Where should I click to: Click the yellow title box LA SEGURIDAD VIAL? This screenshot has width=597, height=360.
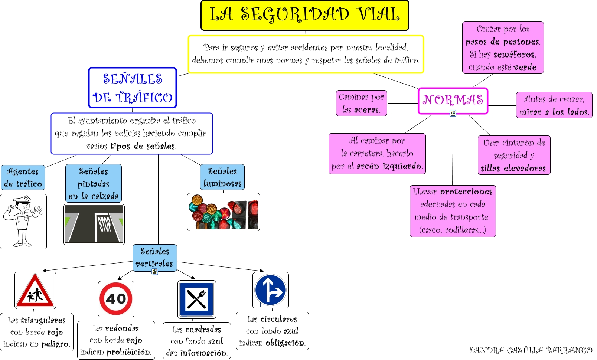pyautogui.click(x=305, y=16)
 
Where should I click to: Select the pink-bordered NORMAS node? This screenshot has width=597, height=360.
pyautogui.click(x=453, y=101)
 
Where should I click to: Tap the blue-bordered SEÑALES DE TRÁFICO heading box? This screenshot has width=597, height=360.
pyautogui.click(x=133, y=88)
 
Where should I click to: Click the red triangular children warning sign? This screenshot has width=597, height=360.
pyautogui.click(x=35, y=291)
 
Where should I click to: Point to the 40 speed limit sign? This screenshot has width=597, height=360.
pyautogui.click(x=116, y=299)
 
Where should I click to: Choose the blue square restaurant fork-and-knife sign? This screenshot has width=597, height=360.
pyautogui.click(x=197, y=299)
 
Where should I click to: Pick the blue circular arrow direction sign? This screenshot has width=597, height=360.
pyautogui.click(x=270, y=290)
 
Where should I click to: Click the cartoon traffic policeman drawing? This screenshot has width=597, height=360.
pyautogui.click(x=23, y=221)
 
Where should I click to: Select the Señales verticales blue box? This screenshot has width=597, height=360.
pyautogui.click(x=154, y=258)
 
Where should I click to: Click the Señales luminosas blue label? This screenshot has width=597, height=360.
pyautogui.click(x=222, y=177)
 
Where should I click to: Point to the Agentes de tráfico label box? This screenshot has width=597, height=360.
pyautogui.click(x=23, y=177)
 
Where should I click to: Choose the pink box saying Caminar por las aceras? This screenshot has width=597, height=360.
pyautogui.click(x=361, y=103)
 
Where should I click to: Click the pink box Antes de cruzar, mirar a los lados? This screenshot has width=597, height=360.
pyautogui.click(x=554, y=105)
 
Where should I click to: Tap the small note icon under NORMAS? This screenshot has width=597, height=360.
pyautogui.click(x=453, y=113)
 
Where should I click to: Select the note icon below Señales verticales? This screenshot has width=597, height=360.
pyautogui.click(x=155, y=272)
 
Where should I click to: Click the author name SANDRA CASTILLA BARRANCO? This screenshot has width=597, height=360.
pyautogui.click(x=531, y=350)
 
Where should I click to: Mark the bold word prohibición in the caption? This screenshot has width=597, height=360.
pyautogui.click(x=129, y=352)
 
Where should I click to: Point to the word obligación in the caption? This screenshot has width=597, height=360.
pyautogui.click(x=286, y=343)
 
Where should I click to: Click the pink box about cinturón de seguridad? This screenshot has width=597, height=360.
pyautogui.click(x=514, y=155)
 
